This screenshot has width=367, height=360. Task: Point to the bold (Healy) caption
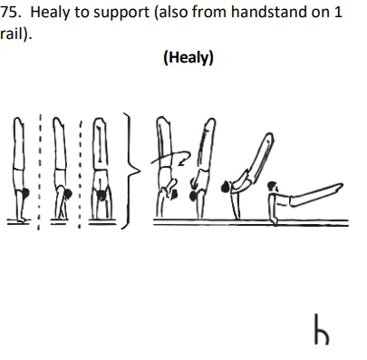click(x=188, y=58)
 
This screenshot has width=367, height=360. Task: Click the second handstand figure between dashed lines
click(x=61, y=172)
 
